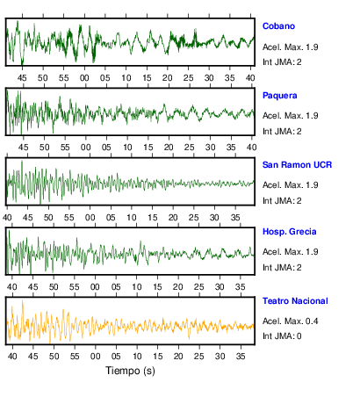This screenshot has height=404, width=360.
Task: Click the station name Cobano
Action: point(278,26)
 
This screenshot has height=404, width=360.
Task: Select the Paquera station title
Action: point(280,96)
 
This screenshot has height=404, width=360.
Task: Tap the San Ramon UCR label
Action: point(297,165)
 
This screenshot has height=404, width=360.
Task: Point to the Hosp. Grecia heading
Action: point(290,232)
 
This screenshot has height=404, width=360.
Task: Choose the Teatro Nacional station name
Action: point(295,301)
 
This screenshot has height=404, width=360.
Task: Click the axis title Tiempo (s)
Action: point(130,371)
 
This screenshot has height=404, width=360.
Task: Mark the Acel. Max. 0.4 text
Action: point(291,321)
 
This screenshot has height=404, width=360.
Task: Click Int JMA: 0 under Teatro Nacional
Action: point(282,335)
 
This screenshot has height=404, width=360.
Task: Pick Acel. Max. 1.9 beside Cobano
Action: point(291,47)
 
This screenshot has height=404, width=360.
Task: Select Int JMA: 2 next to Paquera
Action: point(282,132)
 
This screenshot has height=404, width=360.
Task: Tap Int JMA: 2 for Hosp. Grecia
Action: point(282,268)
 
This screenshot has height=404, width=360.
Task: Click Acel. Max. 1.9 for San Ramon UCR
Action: point(291,185)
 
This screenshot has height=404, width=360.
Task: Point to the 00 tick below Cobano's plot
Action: point(84,78)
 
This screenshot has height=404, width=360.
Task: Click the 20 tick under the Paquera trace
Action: point(169,148)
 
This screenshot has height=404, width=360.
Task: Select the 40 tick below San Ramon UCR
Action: point(7,218)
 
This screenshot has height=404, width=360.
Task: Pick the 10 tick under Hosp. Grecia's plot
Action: point(137,287)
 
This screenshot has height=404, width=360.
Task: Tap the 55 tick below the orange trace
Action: point(75,357)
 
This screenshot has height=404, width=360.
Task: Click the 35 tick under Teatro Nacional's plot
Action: point(241,357)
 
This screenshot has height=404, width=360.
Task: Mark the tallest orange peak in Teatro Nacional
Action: point(22,300)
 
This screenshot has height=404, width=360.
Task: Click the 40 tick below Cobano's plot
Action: point(250,78)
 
